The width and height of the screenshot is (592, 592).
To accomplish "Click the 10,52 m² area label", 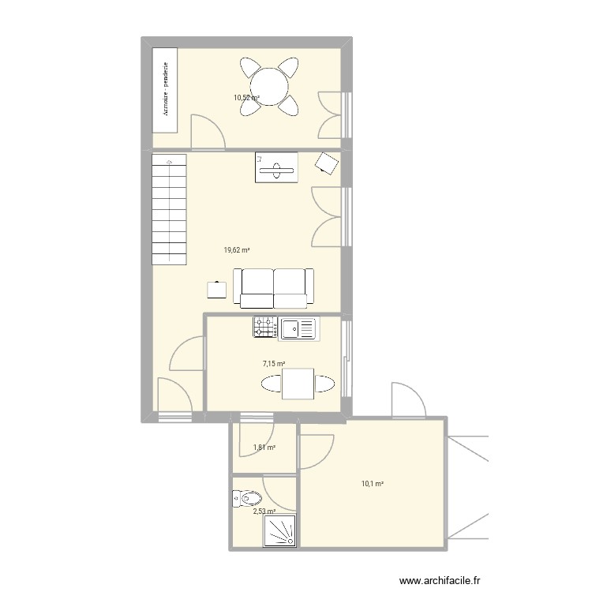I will [x=245, y=99].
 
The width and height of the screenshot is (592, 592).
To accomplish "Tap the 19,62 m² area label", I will [x=236, y=250].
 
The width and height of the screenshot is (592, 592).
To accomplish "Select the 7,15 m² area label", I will [x=273, y=364].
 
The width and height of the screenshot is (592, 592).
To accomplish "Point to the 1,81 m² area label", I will [x=264, y=448].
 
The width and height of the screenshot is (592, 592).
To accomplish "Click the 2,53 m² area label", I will [x=264, y=511].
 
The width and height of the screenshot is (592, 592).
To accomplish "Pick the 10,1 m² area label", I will [x=373, y=484].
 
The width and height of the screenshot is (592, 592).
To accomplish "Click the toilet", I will [x=247, y=499].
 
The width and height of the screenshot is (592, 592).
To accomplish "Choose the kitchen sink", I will [x=296, y=328].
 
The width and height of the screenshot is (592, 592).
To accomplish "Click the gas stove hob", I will [x=264, y=328].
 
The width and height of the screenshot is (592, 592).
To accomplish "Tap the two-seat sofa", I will [x=273, y=287].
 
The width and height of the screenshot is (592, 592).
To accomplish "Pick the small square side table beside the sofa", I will [x=215, y=290].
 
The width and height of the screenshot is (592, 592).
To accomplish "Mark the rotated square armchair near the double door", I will [x=326, y=163].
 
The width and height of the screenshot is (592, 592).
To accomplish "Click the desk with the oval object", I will [x=275, y=167].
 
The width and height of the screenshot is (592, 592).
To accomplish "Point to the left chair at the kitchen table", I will [x=271, y=384].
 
